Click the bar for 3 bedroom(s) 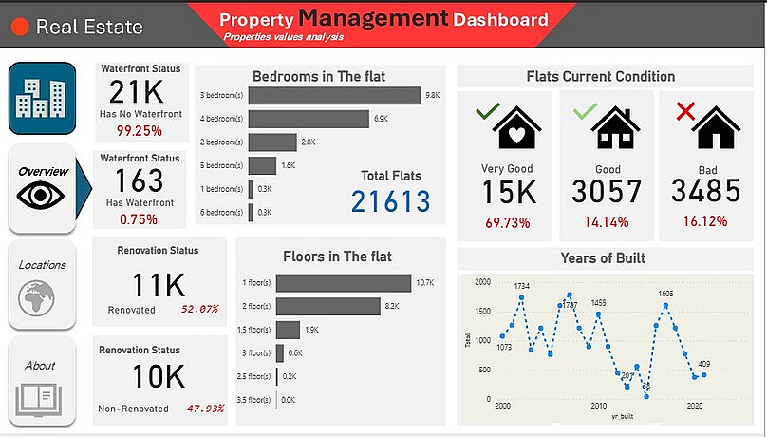tap(333, 96)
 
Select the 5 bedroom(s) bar tap(262, 165)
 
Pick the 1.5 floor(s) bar tap(288, 330)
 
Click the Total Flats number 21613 tap(390, 201)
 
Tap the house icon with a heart tap(516, 128)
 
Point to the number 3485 tap(705, 192)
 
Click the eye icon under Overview tap(41, 196)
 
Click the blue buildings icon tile tap(42, 98)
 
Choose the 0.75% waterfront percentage tap(140, 219)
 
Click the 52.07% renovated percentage tap(200, 310)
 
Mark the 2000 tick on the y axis tap(484, 282)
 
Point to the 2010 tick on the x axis tap(598, 406)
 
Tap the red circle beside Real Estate tap(20, 27)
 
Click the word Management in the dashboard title tap(373, 17)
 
